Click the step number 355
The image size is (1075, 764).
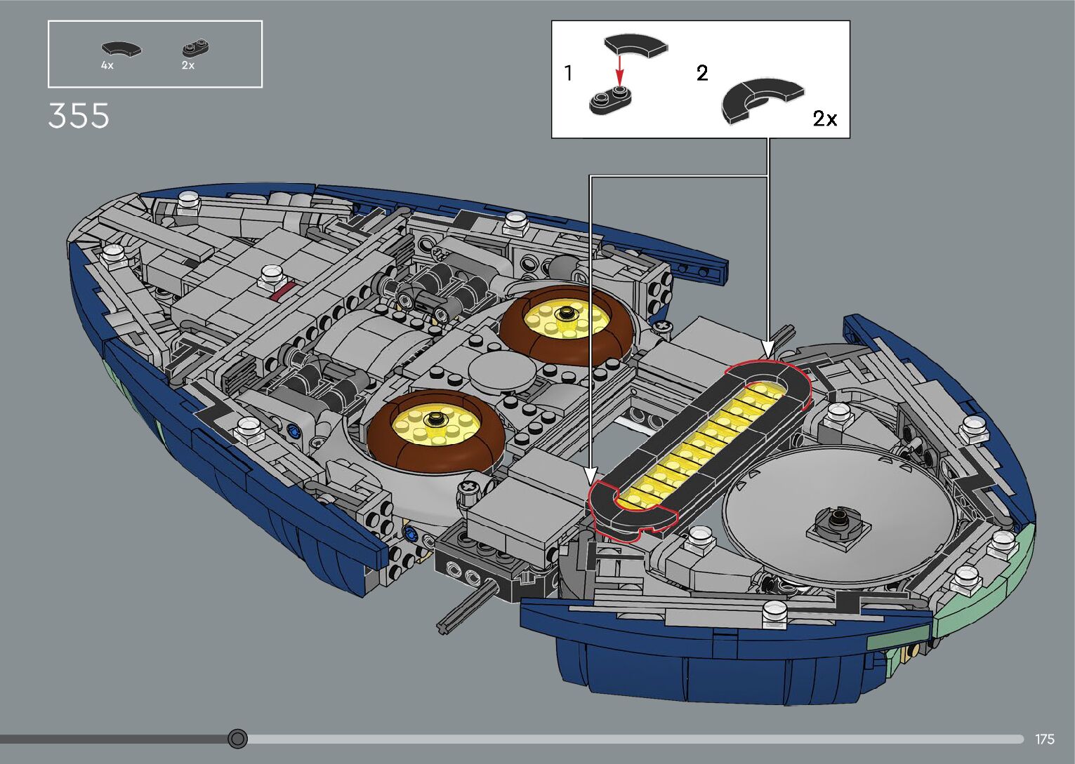[79, 116]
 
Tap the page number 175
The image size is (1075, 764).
[1044, 739]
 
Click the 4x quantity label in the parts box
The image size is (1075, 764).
[107, 65]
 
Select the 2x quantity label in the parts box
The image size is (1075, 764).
[187, 65]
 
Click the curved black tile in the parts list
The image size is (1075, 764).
[121, 49]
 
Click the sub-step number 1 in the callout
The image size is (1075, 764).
[568, 73]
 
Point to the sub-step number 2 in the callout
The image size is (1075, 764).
[701, 73]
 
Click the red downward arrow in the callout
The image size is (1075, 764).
[619, 71]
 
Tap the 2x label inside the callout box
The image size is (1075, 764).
[824, 119]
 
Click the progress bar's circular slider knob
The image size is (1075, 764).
[238, 739]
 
